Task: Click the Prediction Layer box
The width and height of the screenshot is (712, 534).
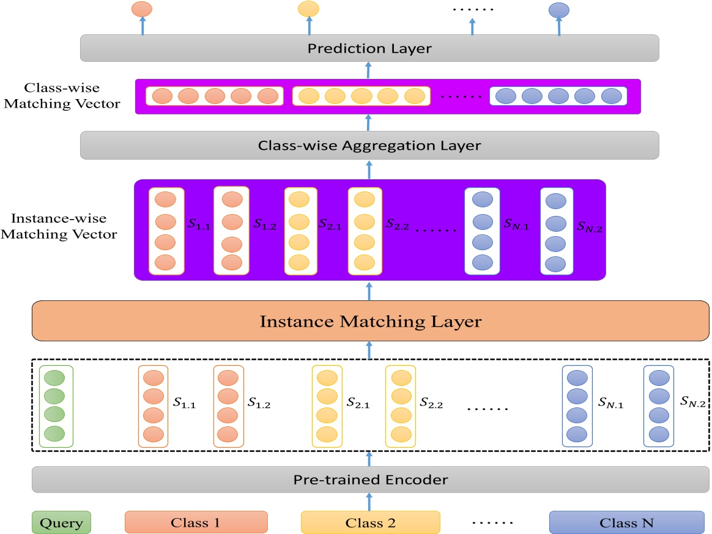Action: coord(369,48)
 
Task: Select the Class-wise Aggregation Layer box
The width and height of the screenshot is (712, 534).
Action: coord(369,146)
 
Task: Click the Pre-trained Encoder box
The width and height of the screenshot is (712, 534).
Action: coord(369,480)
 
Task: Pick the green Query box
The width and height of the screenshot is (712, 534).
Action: coord(61,523)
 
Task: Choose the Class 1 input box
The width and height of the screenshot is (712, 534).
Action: coord(196,523)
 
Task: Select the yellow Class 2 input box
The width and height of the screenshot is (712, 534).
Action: coord(370,523)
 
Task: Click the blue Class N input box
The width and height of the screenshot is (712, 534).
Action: coord(626,523)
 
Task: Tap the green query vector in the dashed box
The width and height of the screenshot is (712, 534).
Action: coord(55,406)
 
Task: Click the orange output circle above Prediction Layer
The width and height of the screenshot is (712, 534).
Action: coord(142,9)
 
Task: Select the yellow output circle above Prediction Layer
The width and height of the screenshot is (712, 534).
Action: coord(308,9)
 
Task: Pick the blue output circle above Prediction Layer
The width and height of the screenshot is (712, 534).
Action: coord(559,10)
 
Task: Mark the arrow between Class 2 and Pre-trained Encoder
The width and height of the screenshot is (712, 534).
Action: coord(369,502)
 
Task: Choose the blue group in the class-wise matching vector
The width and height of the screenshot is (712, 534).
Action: coord(558,96)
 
